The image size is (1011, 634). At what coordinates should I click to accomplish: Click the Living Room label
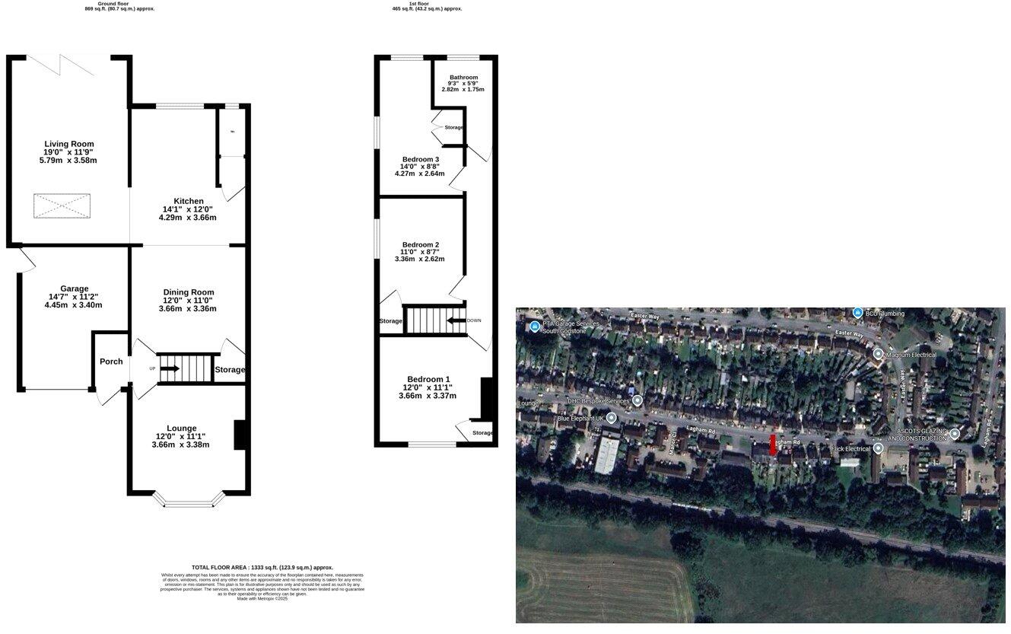[x=69, y=144]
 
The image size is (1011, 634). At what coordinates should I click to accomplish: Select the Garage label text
[x=74, y=288]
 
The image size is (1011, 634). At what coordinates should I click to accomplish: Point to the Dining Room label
[x=189, y=292]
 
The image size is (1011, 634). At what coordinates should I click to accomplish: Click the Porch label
[x=111, y=362]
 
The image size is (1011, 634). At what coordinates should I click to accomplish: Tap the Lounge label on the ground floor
[x=181, y=429]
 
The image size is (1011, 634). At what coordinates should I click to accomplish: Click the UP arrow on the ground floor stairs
[x=170, y=368]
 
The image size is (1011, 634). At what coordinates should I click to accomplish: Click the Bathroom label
[x=463, y=78]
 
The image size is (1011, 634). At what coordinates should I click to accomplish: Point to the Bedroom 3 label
[x=421, y=159]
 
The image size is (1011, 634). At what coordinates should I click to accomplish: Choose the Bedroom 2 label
[x=420, y=245]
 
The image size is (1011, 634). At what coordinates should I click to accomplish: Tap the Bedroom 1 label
[x=428, y=379]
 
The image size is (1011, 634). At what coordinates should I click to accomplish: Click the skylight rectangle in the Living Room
[x=62, y=205]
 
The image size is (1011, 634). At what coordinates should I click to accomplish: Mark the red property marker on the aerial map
[x=773, y=444]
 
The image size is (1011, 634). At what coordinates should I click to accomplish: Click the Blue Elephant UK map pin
[x=611, y=418]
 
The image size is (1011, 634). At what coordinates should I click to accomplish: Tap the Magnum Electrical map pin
[x=878, y=354]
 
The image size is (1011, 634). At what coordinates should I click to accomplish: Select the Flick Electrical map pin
[x=878, y=449]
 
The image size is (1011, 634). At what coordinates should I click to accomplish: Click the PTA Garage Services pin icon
[x=535, y=327]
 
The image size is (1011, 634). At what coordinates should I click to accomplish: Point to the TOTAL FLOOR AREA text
[x=262, y=567]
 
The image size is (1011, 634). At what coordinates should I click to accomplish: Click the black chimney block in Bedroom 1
[x=487, y=398]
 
